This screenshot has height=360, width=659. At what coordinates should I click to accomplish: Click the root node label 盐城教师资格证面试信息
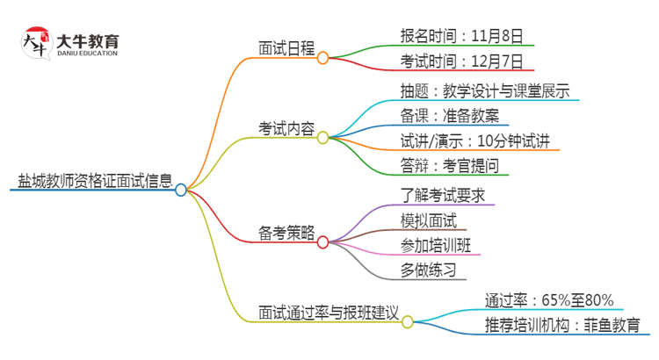point(95,183)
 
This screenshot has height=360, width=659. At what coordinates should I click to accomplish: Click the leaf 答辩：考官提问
point(448,167)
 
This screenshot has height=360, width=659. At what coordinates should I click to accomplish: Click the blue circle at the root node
point(181,189)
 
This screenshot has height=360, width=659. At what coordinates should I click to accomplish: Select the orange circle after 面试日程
point(322,57)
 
